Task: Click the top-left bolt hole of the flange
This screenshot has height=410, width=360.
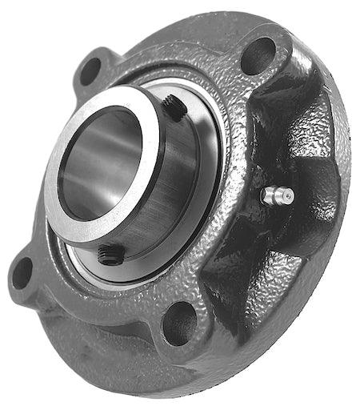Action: coord(90,70)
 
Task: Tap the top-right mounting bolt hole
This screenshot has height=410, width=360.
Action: coord(258,55)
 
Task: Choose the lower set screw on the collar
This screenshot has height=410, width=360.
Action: coord(111,255)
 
